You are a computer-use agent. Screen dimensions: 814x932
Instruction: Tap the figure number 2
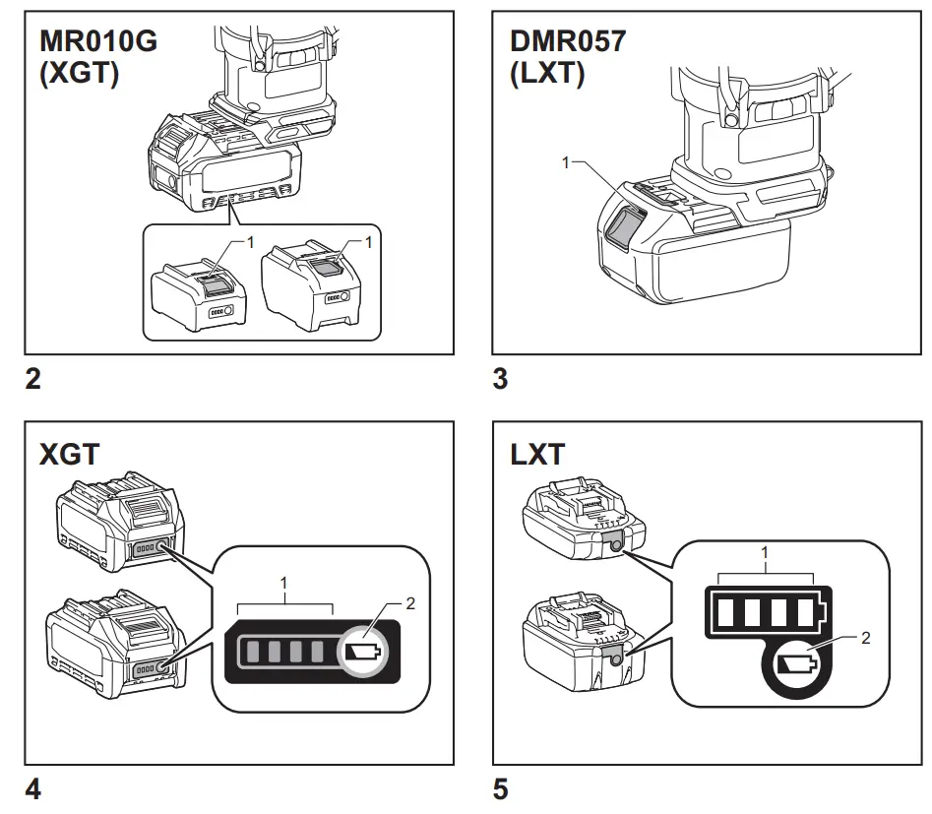(33, 379)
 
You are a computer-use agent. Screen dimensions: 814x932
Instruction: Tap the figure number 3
(500, 379)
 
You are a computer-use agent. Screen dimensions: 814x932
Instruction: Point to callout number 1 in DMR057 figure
(566, 163)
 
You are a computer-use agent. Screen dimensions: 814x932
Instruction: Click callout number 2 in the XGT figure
(410, 604)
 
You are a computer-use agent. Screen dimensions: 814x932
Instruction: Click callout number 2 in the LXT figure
(865, 638)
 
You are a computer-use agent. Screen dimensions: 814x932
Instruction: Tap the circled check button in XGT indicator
(363, 652)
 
